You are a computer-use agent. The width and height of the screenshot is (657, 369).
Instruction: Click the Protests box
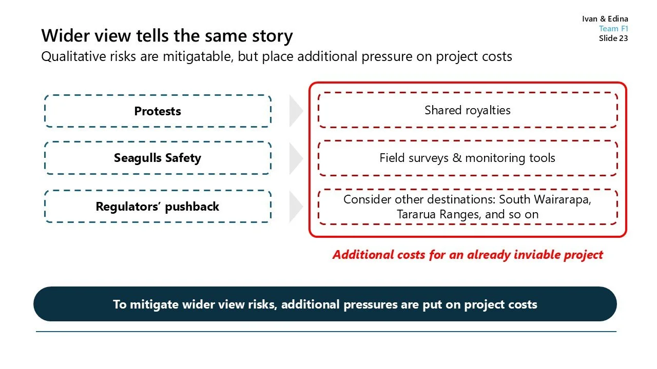(x=158, y=111)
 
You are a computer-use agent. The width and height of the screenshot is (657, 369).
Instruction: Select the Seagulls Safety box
(x=158, y=158)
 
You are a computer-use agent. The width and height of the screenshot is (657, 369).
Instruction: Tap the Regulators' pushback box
(x=158, y=207)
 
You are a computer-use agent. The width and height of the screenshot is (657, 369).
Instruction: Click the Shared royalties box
(x=467, y=110)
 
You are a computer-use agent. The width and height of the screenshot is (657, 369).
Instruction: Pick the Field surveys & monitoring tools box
(x=467, y=158)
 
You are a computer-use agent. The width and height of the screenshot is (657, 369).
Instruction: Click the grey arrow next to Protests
(x=296, y=111)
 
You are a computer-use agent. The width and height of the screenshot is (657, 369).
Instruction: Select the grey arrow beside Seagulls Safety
(x=296, y=158)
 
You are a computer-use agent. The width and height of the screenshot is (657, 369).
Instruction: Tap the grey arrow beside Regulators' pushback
(x=296, y=207)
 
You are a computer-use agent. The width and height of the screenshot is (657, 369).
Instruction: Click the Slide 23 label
(x=613, y=38)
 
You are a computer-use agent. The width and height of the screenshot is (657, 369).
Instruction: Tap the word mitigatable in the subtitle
(x=198, y=56)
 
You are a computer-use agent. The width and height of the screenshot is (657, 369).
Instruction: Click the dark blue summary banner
(x=325, y=304)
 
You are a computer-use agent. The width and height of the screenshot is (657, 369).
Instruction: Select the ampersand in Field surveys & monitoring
(x=457, y=158)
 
